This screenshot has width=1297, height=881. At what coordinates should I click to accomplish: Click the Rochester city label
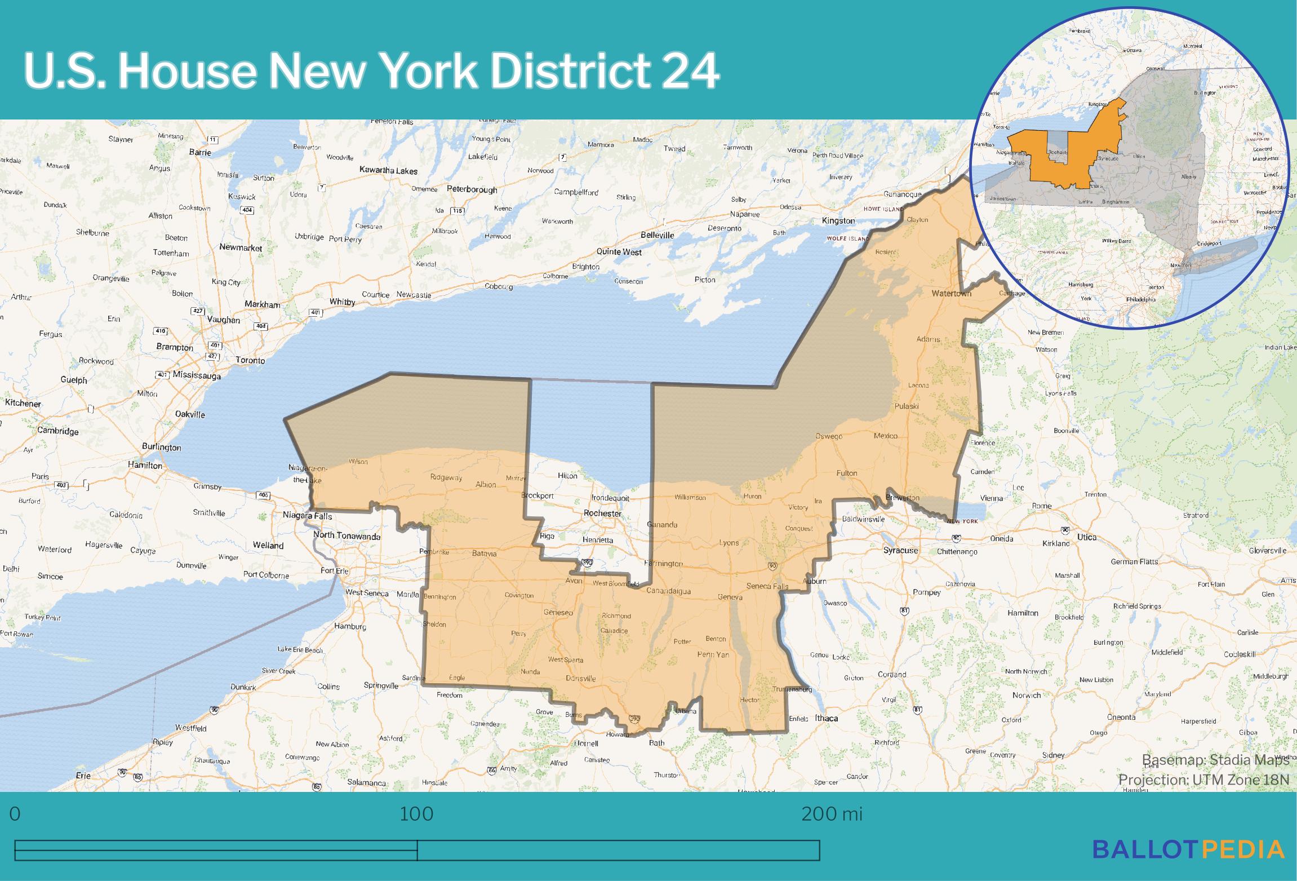[x=602, y=513]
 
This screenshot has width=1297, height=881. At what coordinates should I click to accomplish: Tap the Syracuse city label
[x=900, y=550]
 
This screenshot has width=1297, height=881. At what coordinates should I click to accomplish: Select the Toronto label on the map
[x=250, y=360]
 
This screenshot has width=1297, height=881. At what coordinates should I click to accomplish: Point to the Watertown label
[x=951, y=293]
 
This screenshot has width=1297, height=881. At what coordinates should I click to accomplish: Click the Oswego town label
[x=829, y=436]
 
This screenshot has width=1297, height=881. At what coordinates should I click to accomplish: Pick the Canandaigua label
[x=668, y=591]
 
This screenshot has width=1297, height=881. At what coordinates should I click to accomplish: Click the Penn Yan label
[x=713, y=654]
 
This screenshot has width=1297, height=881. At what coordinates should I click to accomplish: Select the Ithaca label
[x=826, y=718]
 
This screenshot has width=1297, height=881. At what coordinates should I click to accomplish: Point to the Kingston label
[x=838, y=220]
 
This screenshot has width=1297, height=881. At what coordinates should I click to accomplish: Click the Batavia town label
[x=484, y=554]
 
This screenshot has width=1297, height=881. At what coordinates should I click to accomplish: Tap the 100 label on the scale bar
[x=416, y=814]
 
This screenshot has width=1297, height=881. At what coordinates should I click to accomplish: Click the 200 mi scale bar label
[x=832, y=814]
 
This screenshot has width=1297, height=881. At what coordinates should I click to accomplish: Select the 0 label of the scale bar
[x=15, y=814]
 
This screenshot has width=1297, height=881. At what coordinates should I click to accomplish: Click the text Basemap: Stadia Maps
[x=1215, y=760]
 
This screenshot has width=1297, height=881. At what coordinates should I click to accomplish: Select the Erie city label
[x=83, y=776]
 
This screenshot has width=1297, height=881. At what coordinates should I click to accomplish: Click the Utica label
[x=1086, y=537]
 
